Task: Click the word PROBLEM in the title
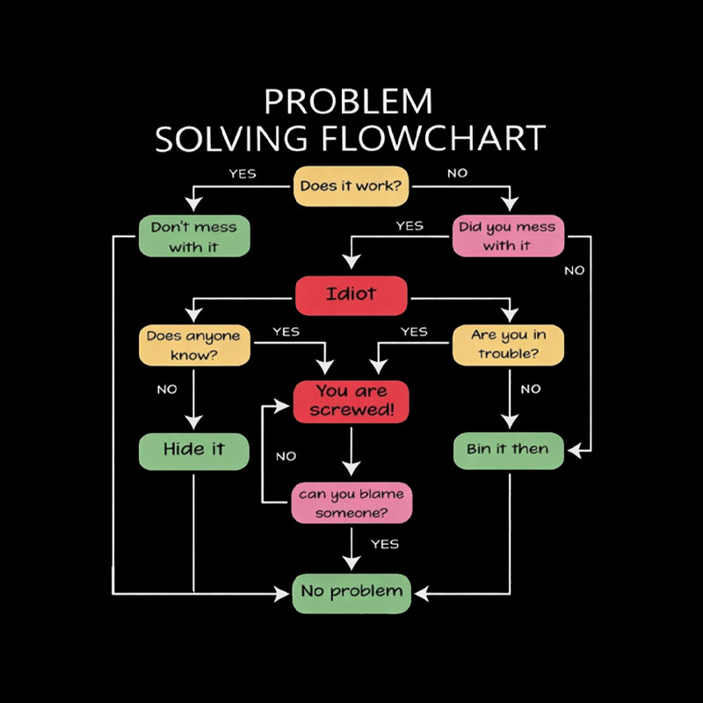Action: (349, 101)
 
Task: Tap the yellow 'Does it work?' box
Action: (351, 186)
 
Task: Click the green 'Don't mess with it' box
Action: (193, 236)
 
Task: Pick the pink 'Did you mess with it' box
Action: (507, 236)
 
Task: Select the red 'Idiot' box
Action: (351, 295)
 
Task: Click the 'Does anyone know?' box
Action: (193, 345)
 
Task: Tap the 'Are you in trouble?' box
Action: (507, 345)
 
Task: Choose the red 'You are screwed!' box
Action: (351, 401)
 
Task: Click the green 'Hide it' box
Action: (193, 450)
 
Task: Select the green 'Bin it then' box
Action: (507, 450)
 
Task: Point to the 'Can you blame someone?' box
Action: (351, 504)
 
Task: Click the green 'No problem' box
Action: (351, 591)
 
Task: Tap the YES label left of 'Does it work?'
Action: (243, 173)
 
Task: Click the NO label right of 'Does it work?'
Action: (457, 173)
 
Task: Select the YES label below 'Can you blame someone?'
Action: (384, 544)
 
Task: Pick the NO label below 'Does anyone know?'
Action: (166, 389)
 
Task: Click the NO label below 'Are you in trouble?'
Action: (530, 389)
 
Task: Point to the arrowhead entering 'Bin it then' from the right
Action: (573, 450)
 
